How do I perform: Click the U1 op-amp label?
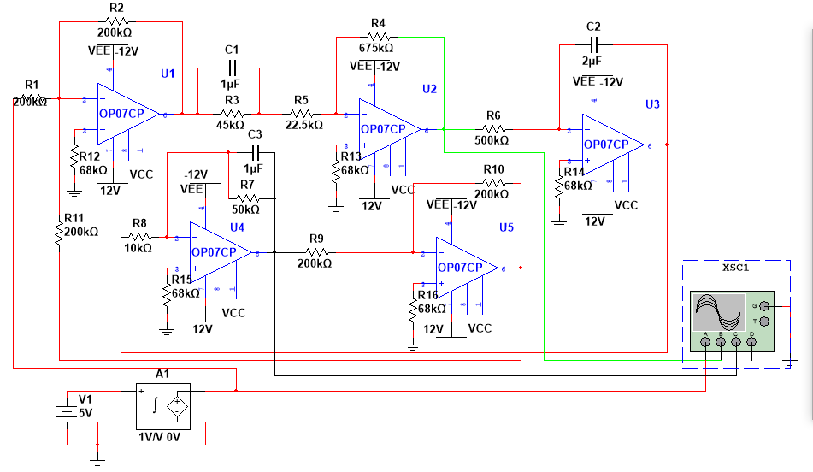click(168, 74)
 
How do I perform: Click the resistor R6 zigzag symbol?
click(493, 129)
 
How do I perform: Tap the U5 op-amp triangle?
click(466, 268)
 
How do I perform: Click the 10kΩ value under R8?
click(138, 248)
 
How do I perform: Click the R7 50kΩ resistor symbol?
click(247, 198)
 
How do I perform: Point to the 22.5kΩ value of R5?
click(303, 125)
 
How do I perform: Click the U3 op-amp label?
click(652, 103)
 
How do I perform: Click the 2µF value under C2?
click(593, 61)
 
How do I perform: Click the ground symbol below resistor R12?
click(72, 193)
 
